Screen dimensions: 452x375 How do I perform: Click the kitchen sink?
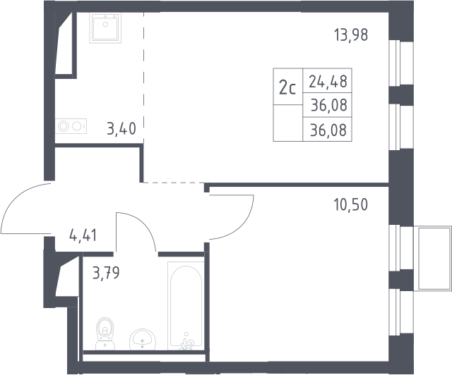[x=105, y=27]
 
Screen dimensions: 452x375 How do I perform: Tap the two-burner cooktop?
[x=71, y=126]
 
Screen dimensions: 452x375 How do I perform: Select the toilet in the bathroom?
[x=105, y=333]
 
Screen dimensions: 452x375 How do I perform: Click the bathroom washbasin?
[x=143, y=339]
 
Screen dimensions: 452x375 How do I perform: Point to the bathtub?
[x=186, y=306]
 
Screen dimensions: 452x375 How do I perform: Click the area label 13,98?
[x=351, y=35]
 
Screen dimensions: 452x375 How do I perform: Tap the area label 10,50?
[x=351, y=204]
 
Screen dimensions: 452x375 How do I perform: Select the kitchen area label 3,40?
[x=121, y=128]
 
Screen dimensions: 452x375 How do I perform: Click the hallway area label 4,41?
[x=83, y=235]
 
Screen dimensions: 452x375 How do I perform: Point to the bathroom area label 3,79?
[x=106, y=273]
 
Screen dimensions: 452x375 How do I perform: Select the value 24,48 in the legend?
[x=328, y=81]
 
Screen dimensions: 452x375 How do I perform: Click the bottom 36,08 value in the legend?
[x=328, y=130]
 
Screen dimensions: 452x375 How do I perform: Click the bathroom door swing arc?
[x=141, y=224]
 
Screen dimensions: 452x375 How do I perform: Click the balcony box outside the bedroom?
[x=432, y=258]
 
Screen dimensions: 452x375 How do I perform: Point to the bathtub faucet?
[x=186, y=342]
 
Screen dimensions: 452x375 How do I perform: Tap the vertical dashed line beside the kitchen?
[x=143, y=77]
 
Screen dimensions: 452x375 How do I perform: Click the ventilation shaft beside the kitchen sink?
[x=65, y=44]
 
